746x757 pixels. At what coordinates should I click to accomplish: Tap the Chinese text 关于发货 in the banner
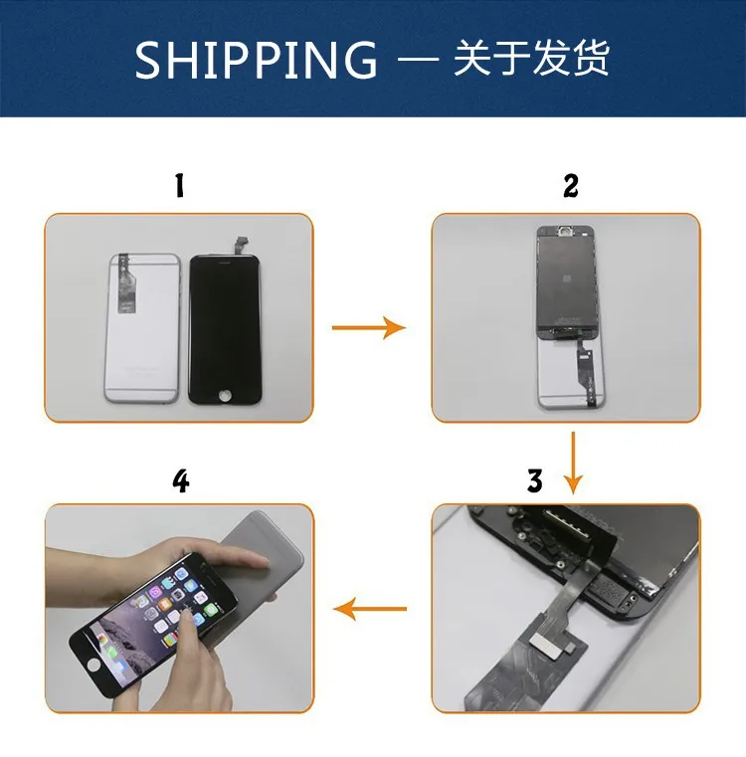(530, 58)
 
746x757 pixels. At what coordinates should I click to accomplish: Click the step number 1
(180, 186)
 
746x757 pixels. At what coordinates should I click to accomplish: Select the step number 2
(571, 186)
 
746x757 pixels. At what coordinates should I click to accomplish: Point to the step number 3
(535, 480)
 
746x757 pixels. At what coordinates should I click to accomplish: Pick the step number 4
(181, 480)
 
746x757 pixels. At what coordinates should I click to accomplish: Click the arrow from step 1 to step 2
(369, 327)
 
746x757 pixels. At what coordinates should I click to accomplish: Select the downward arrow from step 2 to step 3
(573, 463)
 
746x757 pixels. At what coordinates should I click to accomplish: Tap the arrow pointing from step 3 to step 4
(370, 609)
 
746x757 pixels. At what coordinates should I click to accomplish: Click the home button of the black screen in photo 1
(226, 395)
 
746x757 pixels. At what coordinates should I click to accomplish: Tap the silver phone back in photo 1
(142, 328)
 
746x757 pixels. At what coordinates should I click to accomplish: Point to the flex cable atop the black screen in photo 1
(241, 247)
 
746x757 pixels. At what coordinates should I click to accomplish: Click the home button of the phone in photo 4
(93, 664)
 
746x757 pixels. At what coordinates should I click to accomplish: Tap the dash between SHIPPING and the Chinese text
(418, 61)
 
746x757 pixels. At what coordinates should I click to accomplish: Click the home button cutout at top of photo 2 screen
(563, 231)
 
